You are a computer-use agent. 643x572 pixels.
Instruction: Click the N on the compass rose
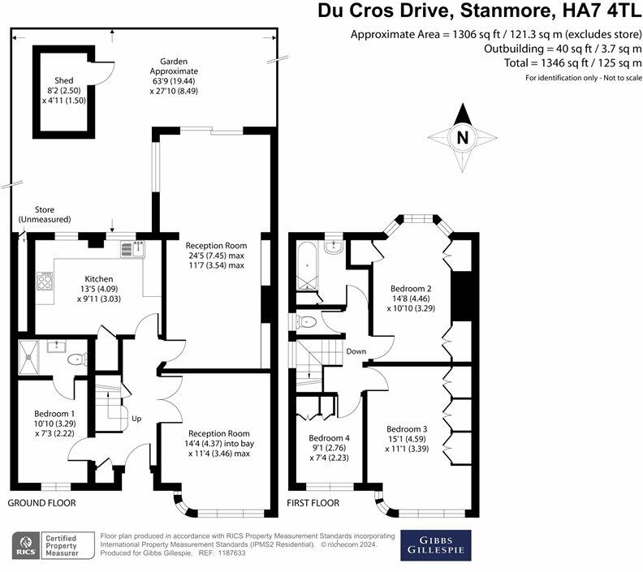pyautogui.click(x=463, y=138)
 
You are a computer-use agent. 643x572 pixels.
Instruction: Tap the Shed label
pyautogui.click(x=64, y=80)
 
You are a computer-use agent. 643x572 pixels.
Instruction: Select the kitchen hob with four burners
pyautogui.click(x=45, y=281)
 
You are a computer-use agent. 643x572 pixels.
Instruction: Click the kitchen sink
pyautogui.click(x=133, y=249)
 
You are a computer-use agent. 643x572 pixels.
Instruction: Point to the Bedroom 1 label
pyautogui.click(x=54, y=414)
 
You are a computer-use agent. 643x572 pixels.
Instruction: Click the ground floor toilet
pyautogui.click(x=77, y=359)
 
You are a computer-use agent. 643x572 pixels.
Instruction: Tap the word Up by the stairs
pyautogui.click(x=136, y=419)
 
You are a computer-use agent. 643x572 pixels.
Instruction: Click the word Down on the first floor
pyautogui.click(x=356, y=351)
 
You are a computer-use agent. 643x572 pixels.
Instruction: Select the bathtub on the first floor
pyautogui.click(x=307, y=265)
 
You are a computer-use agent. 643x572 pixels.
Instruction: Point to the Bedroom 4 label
pyautogui.click(x=330, y=438)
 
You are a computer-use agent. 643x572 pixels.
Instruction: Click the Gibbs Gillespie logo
pyautogui.click(x=435, y=545)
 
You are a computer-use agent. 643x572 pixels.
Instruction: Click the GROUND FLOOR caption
pyautogui.click(x=42, y=503)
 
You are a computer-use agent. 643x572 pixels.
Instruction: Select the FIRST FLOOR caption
pyautogui.click(x=313, y=503)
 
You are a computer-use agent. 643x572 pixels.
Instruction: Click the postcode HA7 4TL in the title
pyautogui.click(x=600, y=11)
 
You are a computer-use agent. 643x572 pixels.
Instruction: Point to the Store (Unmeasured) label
pyautogui.click(x=45, y=215)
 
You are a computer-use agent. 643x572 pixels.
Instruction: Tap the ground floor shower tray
pyautogui.click(x=28, y=357)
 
